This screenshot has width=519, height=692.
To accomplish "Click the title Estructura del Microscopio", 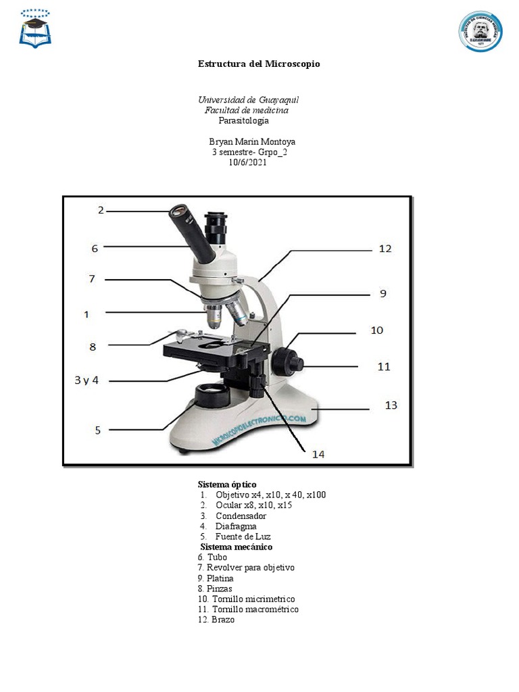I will [x=259, y=64].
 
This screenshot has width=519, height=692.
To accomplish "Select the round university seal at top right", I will [x=480, y=31].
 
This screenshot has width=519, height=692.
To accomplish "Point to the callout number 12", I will [x=385, y=249].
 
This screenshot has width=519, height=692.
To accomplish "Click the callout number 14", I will [x=318, y=455].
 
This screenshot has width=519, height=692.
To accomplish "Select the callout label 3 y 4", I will [x=86, y=380].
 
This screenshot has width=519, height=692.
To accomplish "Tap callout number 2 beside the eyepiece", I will [x=101, y=210].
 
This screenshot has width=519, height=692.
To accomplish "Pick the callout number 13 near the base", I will [x=391, y=405].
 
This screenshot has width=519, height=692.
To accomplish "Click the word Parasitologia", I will [x=243, y=120].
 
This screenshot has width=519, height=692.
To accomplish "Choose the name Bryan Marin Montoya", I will [x=252, y=142].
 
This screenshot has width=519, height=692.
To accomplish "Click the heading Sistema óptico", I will [x=227, y=485].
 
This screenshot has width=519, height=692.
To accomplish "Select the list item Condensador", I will [x=241, y=516].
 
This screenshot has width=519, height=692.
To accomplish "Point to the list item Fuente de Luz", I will [x=243, y=537].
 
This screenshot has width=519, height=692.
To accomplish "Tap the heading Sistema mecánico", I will [x=236, y=547].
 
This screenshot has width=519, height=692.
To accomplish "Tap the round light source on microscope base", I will [x=212, y=393].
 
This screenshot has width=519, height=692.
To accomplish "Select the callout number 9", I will [x=382, y=294].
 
